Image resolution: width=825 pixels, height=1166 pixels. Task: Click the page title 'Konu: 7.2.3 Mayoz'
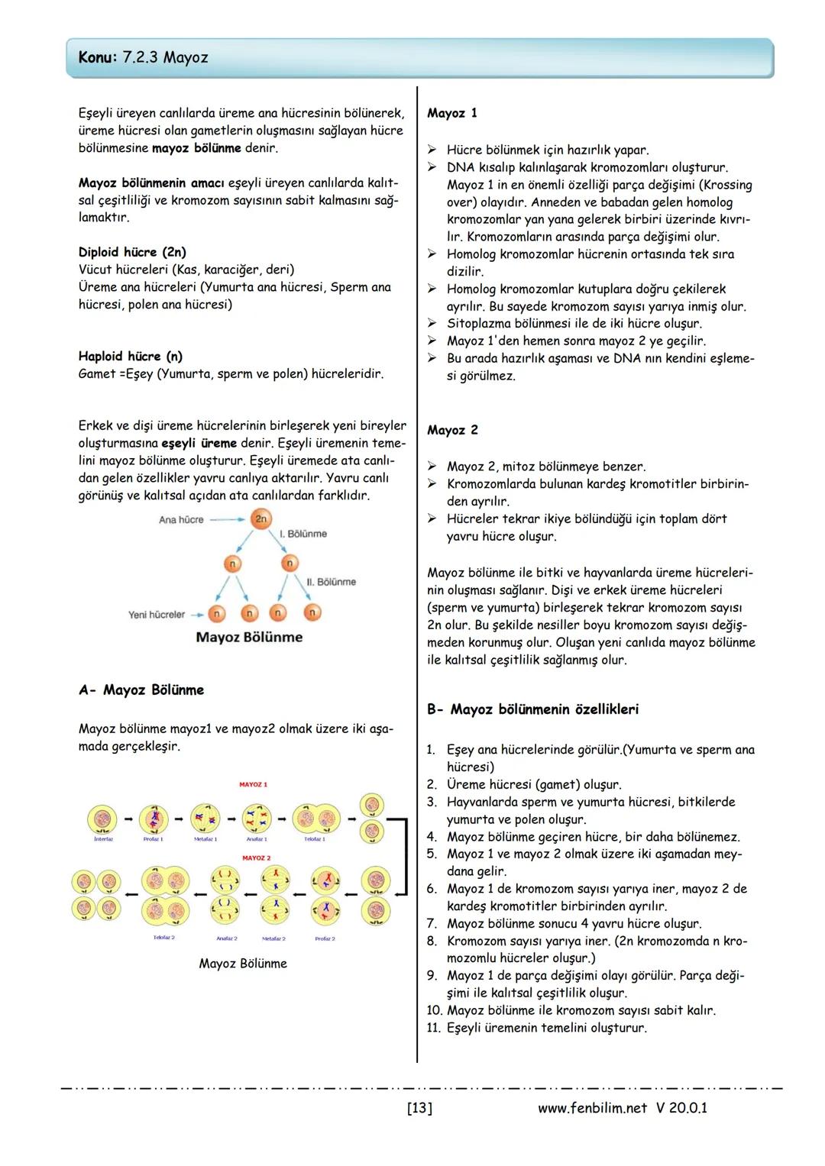coord(143,58)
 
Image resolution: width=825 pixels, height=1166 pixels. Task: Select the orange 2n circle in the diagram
coord(260,519)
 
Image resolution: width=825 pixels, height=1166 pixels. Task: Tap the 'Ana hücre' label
coord(181,520)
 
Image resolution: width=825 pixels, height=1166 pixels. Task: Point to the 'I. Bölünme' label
coord(303,534)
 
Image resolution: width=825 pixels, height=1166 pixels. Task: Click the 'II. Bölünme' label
coord(331,582)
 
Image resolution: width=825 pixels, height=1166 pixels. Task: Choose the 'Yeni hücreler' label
coord(157,615)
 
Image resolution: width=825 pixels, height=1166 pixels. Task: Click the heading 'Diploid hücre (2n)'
coord(132,252)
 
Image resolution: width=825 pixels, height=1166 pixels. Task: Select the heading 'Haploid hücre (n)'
coord(131,356)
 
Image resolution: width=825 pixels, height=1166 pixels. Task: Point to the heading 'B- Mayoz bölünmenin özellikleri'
coord(532,709)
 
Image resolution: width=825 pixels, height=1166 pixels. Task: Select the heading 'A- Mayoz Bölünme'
coord(141,690)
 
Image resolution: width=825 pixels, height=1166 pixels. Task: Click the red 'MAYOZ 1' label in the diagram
coord(253,785)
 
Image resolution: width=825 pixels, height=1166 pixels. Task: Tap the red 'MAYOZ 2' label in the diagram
coord(256,858)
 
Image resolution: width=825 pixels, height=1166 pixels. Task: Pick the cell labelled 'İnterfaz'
coord(102,819)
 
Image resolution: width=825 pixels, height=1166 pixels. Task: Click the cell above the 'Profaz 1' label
coord(154,819)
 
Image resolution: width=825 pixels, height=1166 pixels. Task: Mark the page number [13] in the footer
coord(419,1108)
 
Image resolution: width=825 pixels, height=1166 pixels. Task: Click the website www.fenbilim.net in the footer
coord(592,1108)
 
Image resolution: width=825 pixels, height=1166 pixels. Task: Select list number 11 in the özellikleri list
coord(434,1028)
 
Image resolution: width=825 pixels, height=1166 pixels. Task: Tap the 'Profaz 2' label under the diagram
coord(325,938)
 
